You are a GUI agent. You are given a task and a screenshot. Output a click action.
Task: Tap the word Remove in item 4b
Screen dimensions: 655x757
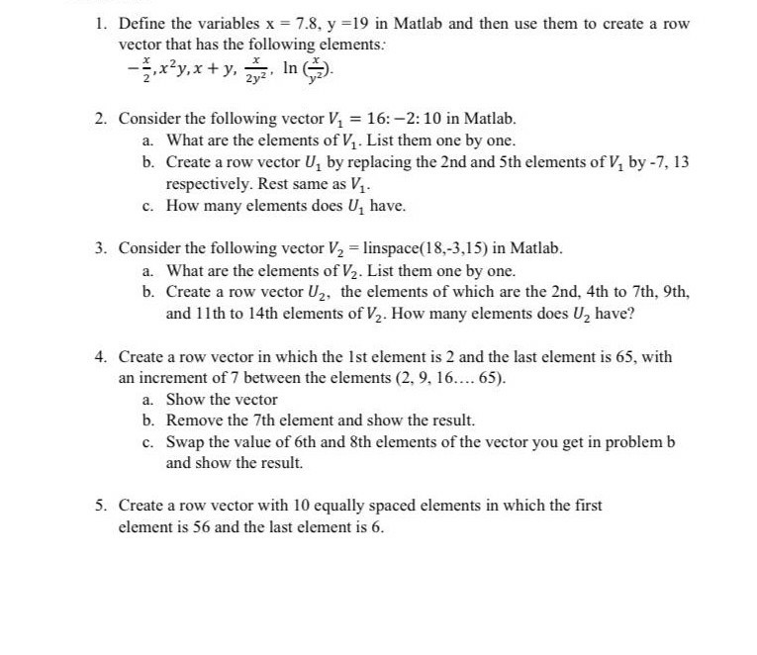coord(192,421)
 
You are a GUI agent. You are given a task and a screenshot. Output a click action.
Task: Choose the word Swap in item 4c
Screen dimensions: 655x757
coord(185,442)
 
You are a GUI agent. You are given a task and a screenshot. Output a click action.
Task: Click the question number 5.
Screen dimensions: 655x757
coord(101,506)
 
